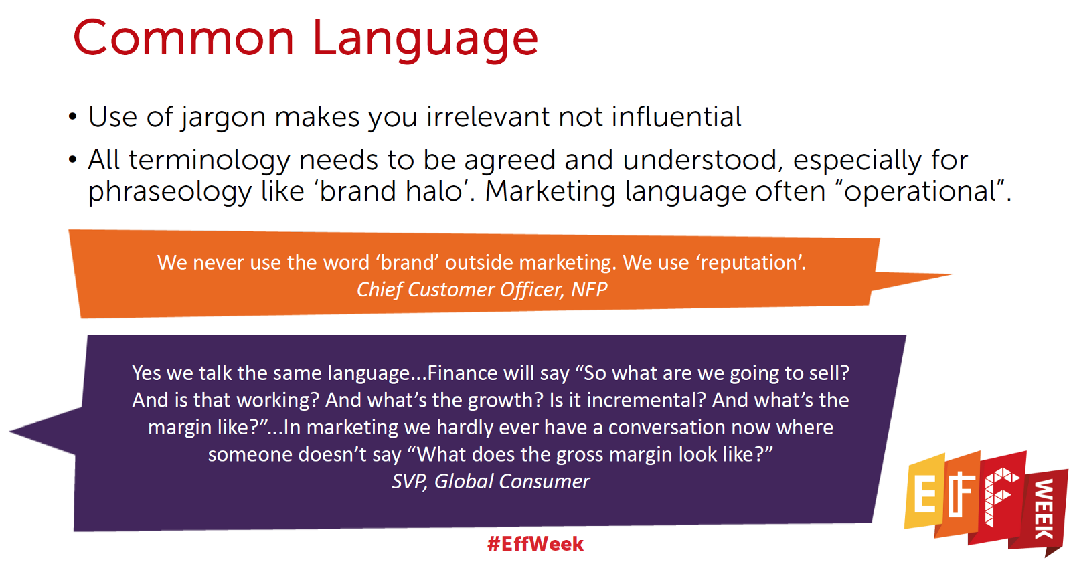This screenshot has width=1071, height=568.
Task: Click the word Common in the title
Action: click(183, 38)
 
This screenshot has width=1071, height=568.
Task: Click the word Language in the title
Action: click(426, 41)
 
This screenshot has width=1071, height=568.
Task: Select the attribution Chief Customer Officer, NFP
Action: click(482, 290)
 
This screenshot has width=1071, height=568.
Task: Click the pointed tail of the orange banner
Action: click(951, 275)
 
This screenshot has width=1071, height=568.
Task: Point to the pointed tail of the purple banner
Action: click(11, 432)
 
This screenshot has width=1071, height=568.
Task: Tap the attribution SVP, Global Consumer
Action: click(491, 482)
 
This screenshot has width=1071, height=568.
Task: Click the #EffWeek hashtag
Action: click(535, 544)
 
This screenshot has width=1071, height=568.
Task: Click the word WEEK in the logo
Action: click(1045, 509)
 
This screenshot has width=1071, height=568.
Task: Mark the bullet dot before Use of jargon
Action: click(73, 116)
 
